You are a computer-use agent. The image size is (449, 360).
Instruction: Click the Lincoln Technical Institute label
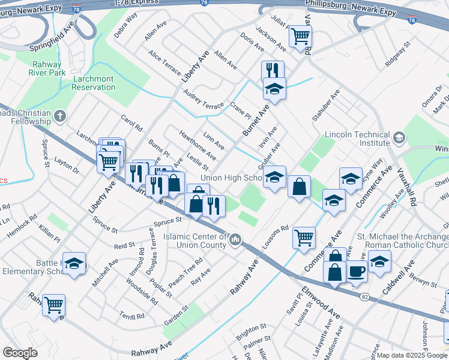(357, 139)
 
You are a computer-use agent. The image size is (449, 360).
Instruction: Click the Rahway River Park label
(46, 68)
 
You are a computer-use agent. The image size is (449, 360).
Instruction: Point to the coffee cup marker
(357, 271)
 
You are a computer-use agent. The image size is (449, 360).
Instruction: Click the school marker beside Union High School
(274, 178)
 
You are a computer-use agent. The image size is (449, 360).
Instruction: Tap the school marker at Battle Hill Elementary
(74, 263)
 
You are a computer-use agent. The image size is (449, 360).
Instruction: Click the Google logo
(20, 353)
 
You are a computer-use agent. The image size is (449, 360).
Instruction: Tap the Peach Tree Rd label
(185, 271)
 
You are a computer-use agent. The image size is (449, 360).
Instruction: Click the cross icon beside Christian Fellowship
(59, 116)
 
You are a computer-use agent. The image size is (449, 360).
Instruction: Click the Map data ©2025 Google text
(412, 355)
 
